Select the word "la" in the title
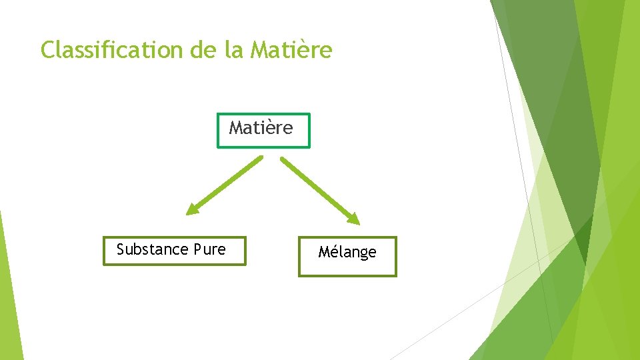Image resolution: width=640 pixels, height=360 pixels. [234, 50]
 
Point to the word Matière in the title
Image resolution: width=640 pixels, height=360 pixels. [291, 50]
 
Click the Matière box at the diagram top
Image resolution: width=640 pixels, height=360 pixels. [263, 129]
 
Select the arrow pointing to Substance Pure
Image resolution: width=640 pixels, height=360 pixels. [225, 185]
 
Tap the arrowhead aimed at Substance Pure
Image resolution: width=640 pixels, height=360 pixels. [192, 210]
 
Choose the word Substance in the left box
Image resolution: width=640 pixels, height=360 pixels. [152, 249]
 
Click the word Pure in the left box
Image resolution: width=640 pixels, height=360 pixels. [209, 249]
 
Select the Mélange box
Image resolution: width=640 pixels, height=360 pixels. [347, 256]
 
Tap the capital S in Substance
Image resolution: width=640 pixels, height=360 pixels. [121, 249]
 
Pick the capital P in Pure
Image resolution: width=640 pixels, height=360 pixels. [197, 249]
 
